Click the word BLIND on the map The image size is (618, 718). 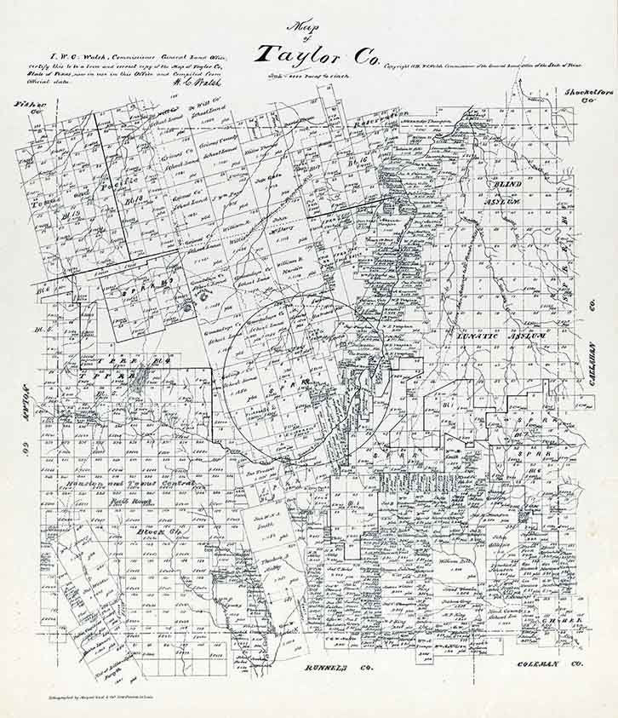pos(507,184)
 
